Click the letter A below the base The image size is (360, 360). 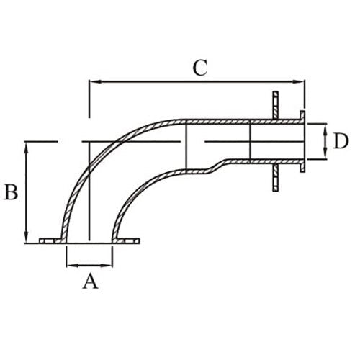tap(89, 281)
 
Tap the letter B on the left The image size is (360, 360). tap(11, 193)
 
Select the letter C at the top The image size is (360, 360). tap(200, 68)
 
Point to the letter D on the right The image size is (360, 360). tap(341, 141)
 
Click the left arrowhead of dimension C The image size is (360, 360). tap(93, 82)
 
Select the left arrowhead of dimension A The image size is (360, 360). tap(70, 265)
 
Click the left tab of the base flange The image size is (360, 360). tap(50, 240)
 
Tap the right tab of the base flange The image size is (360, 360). tap(127, 240)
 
